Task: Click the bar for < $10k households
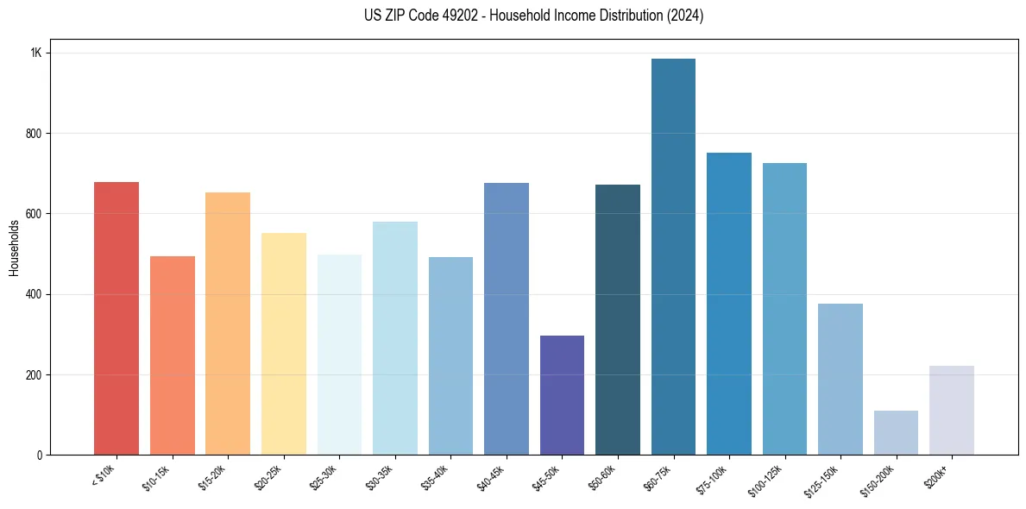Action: click(x=116, y=318)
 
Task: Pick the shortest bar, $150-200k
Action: click(x=896, y=433)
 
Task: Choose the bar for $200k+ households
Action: click(x=952, y=411)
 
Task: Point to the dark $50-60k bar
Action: click(x=618, y=320)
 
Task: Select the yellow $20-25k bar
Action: click(x=284, y=344)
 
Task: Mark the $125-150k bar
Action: click(x=840, y=380)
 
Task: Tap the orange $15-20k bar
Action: click(x=228, y=324)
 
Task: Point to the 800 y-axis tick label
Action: click(x=35, y=134)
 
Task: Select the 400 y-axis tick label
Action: click(x=35, y=294)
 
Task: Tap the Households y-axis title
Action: click(x=14, y=248)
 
